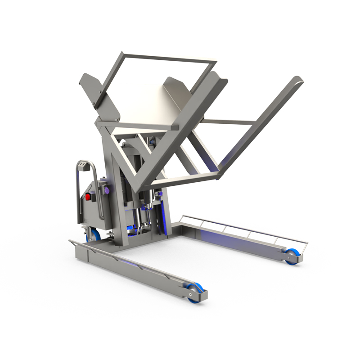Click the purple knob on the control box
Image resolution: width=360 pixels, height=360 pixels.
pos(107,191)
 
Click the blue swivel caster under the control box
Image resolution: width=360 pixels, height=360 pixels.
pos(96,234)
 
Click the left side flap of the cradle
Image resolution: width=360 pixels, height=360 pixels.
pos(92,88)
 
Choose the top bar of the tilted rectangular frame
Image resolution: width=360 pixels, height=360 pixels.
pos(166,58)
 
